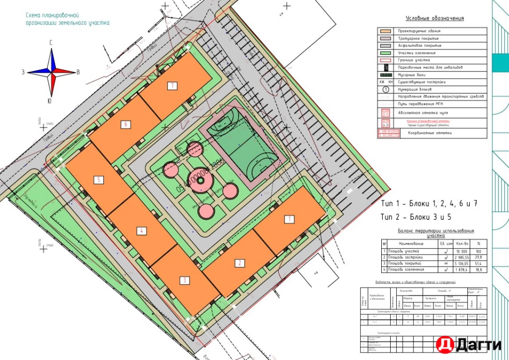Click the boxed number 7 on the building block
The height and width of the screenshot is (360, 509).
pyautogui.click(x=172, y=86)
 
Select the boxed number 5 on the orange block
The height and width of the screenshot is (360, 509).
pyautogui.click(x=99, y=180)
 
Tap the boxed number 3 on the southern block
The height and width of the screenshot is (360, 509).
pyautogui.click(x=185, y=280)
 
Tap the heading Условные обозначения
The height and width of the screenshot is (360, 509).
pyautogui.click(x=434, y=18)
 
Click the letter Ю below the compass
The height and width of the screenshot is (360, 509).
pyautogui.click(x=49, y=101)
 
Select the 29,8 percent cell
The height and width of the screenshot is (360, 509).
pyautogui.click(x=479, y=257)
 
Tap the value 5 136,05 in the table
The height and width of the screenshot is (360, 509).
pyautogui.click(x=462, y=264)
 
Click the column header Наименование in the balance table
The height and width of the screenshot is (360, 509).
pyautogui.click(x=411, y=244)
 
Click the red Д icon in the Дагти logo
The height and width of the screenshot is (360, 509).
pyautogui.click(x=443, y=344)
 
